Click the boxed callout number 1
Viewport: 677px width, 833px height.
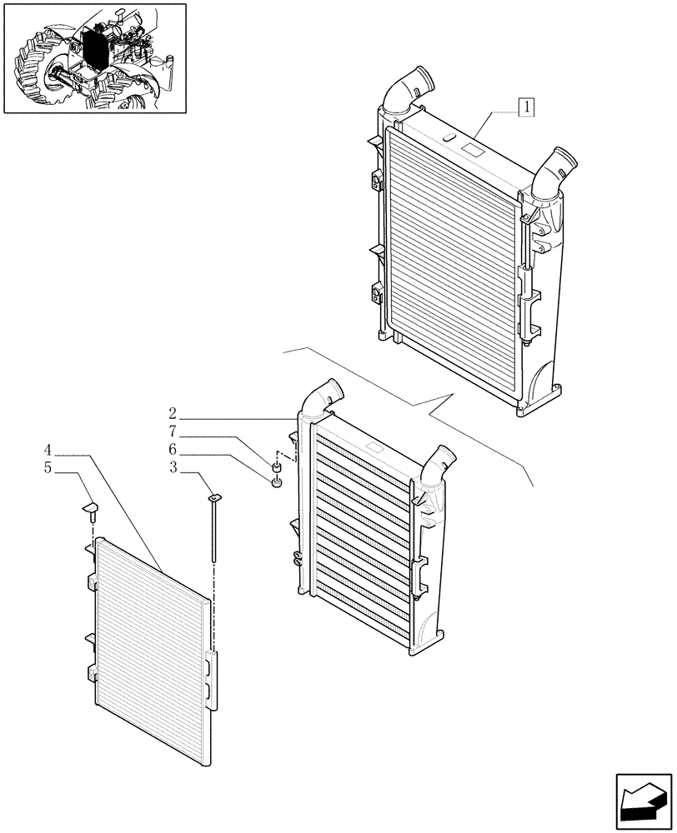point(527,107)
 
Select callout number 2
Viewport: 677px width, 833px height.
point(172,414)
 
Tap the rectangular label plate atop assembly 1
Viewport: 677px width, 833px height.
point(473,153)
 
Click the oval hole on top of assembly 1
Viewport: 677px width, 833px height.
point(448,137)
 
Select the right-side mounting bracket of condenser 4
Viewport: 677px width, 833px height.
point(215,679)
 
